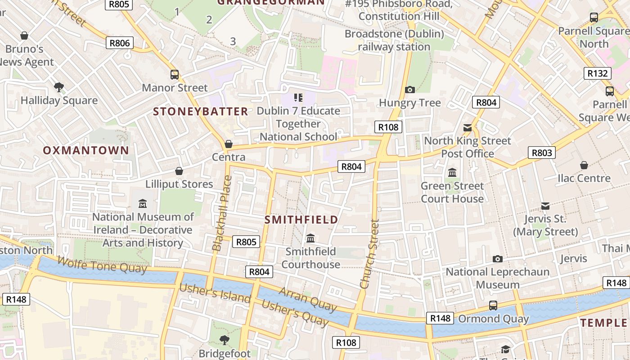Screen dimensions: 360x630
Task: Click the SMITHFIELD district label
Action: pos(301,220)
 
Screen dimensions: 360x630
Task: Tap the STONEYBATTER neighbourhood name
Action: pos(201,112)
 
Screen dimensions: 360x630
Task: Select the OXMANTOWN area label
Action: pos(86,150)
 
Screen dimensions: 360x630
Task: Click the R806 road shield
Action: pos(120,43)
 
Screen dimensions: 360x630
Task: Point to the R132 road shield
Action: pos(598,73)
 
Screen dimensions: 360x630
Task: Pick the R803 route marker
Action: pos(541,153)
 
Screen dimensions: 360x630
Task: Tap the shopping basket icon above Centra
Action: pos(229,144)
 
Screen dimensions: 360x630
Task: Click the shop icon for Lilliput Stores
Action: pos(179,171)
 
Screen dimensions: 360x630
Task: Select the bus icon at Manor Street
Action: pos(175,75)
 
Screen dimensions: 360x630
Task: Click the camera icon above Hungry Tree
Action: pos(409,90)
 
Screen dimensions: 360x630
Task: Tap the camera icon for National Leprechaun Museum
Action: pos(497,259)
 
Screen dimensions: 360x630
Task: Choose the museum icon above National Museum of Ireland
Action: pos(143,203)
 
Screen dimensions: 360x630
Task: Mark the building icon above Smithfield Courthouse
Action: pos(310,238)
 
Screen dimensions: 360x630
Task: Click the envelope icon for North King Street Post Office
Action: pos(468,128)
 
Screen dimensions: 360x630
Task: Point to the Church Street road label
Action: pos(370,254)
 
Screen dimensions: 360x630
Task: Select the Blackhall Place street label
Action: pos(222,213)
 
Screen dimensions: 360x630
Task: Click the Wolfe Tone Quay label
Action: pos(102,265)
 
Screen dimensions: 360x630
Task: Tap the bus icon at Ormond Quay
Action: pos(493,306)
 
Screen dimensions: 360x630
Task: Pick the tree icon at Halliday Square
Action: pos(58,87)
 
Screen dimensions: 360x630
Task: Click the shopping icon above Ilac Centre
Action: pos(584,165)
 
